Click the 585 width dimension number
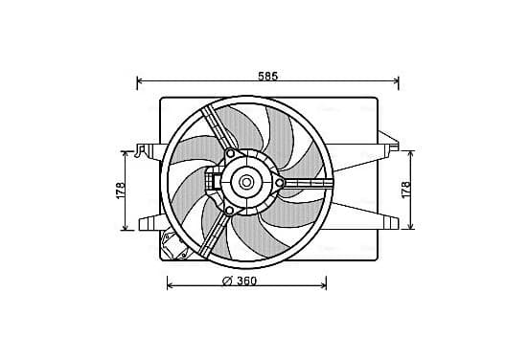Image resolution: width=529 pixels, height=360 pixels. pyautogui.click(x=268, y=77)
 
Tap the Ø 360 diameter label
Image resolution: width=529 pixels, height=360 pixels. pyautogui.click(x=240, y=281)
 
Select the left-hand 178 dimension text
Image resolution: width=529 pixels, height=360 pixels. pyautogui.click(x=121, y=191)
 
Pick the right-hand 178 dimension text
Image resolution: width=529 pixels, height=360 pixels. pyautogui.click(x=406, y=190)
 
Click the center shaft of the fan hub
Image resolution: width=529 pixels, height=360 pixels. pyautogui.click(x=246, y=182)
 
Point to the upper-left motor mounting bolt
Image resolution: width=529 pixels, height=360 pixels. pyautogui.click(x=230, y=154)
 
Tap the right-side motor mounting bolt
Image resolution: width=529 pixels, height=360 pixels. pyautogui.click(x=280, y=183)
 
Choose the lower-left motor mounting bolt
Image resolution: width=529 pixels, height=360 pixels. pyautogui.click(x=229, y=211)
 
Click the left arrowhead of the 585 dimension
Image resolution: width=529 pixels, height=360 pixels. pyautogui.click(x=139, y=80)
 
